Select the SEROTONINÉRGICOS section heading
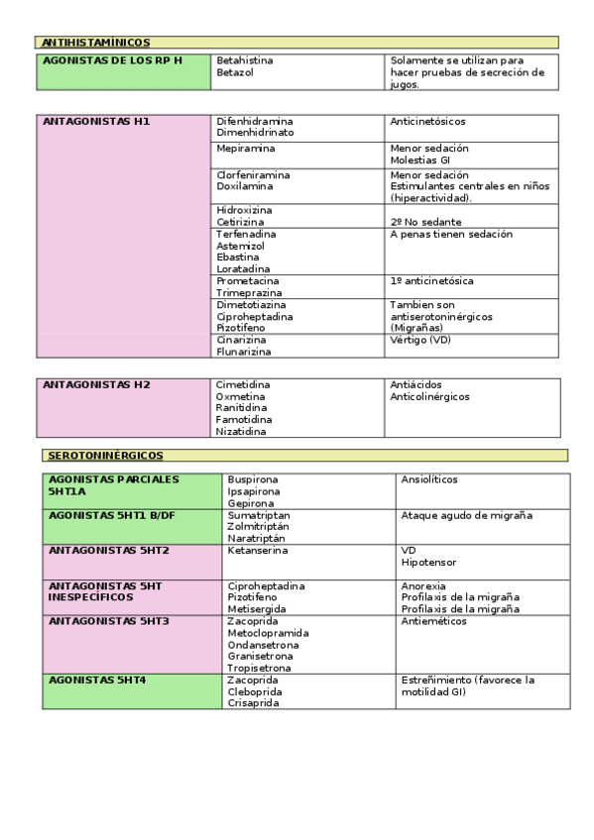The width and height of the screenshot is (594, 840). pos(106,455)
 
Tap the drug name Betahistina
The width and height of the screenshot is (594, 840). pos(245,60)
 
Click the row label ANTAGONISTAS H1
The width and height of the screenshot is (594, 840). pos(96,121)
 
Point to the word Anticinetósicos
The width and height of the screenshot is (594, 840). pos(428,122)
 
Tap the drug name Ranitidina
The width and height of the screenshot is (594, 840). pos(242,407)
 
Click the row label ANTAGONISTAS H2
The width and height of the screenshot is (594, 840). pos(96,384)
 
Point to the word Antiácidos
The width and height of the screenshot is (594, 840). pos(416,384)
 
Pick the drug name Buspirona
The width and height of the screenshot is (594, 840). pos(254,479)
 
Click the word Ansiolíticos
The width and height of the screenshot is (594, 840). pos(429,479)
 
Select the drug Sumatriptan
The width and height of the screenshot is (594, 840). pos(259,516)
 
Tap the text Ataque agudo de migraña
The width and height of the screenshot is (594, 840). pos(466,516)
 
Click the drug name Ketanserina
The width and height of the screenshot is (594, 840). pos(258,550)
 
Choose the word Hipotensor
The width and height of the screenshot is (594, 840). pos(428,562)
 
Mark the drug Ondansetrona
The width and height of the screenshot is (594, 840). pos(263,645)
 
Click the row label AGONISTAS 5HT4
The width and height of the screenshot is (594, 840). pos(97,681)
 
